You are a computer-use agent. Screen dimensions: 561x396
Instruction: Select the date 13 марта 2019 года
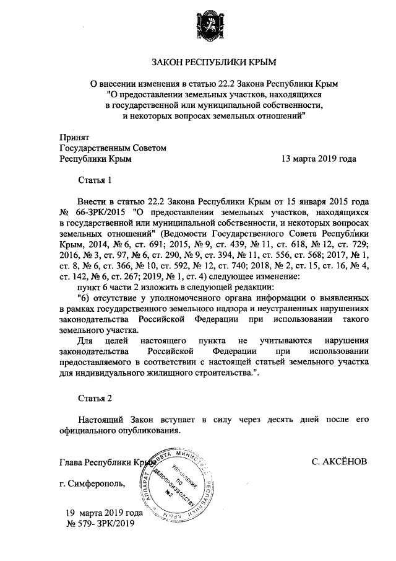click(x=318, y=159)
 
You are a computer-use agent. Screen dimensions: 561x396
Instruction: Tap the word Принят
click(x=75, y=136)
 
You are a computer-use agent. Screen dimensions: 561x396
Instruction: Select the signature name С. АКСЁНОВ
click(x=340, y=462)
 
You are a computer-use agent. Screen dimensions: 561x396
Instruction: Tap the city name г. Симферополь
click(x=92, y=483)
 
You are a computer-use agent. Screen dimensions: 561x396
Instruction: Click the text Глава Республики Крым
click(x=105, y=462)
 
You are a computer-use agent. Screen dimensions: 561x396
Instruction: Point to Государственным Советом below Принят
click(x=113, y=148)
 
